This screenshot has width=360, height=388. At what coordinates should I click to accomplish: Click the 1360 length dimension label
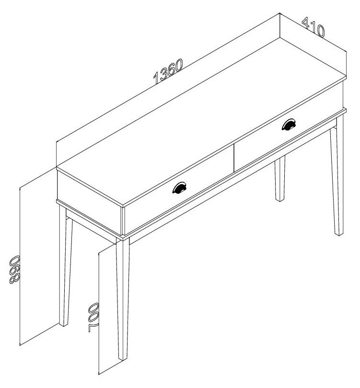pyautogui.click(x=168, y=71)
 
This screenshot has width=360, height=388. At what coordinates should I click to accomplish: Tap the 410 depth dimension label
pyautogui.click(x=314, y=27)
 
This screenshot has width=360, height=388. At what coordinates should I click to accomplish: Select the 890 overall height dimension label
pyautogui.click(x=15, y=270)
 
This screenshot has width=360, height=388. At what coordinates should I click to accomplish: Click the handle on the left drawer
pyautogui.click(x=179, y=188)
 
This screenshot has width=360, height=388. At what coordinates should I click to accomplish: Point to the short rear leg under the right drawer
pyautogui.click(x=280, y=179)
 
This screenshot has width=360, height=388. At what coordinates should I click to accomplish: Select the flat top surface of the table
pyautogui.click(x=201, y=121)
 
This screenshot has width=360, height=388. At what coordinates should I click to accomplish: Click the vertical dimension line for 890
pyautogui.click(x=20, y=266)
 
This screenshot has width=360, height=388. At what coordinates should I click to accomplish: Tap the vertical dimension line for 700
pyautogui.click(x=99, y=314)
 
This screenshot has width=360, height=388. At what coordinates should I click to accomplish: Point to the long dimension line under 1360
pyautogui.click(x=168, y=77)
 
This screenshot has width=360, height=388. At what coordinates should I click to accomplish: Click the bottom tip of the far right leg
pyautogui.click(x=339, y=235)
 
